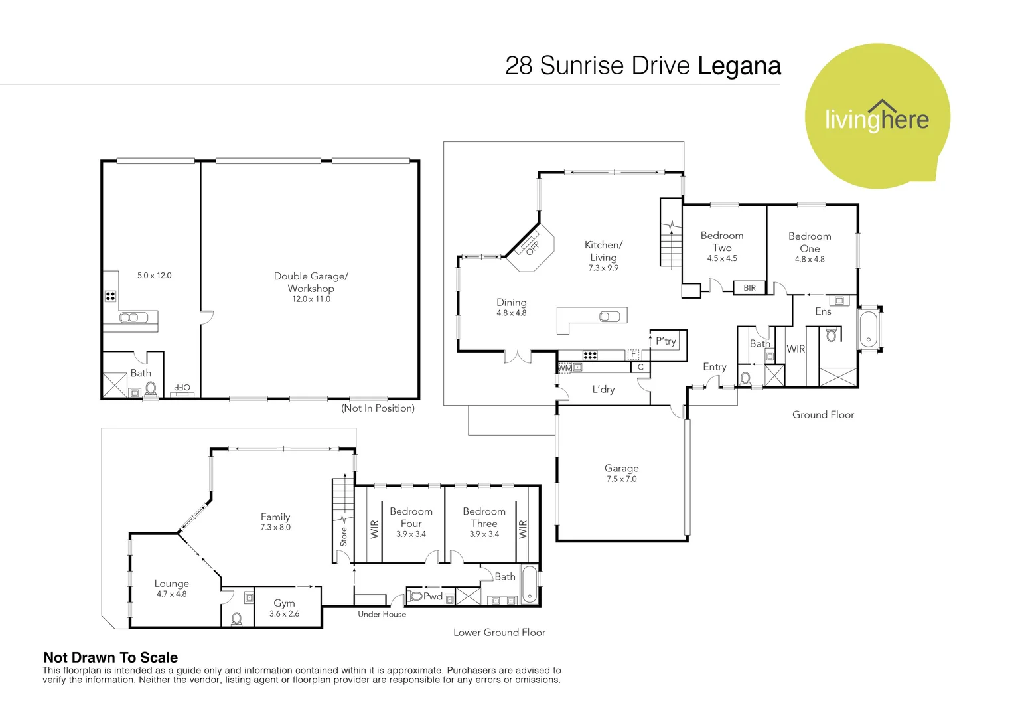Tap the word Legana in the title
[739, 66]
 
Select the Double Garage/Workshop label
[311, 281]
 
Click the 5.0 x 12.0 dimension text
[155, 276]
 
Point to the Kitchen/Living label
[603, 251]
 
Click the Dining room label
[512, 302]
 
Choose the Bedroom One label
[810, 242]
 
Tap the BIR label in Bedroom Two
[750, 288]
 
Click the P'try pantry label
[666, 341]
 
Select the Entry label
[715, 367]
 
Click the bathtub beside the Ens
[868, 329]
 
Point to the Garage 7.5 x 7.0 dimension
[622, 479]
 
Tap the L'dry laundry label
[603, 390]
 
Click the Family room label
[275, 517]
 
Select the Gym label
[284, 603]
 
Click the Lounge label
[172, 584]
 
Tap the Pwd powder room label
[433, 596]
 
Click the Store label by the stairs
[344, 536]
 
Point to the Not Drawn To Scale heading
[110, 657]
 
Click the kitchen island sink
[610, 317]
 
